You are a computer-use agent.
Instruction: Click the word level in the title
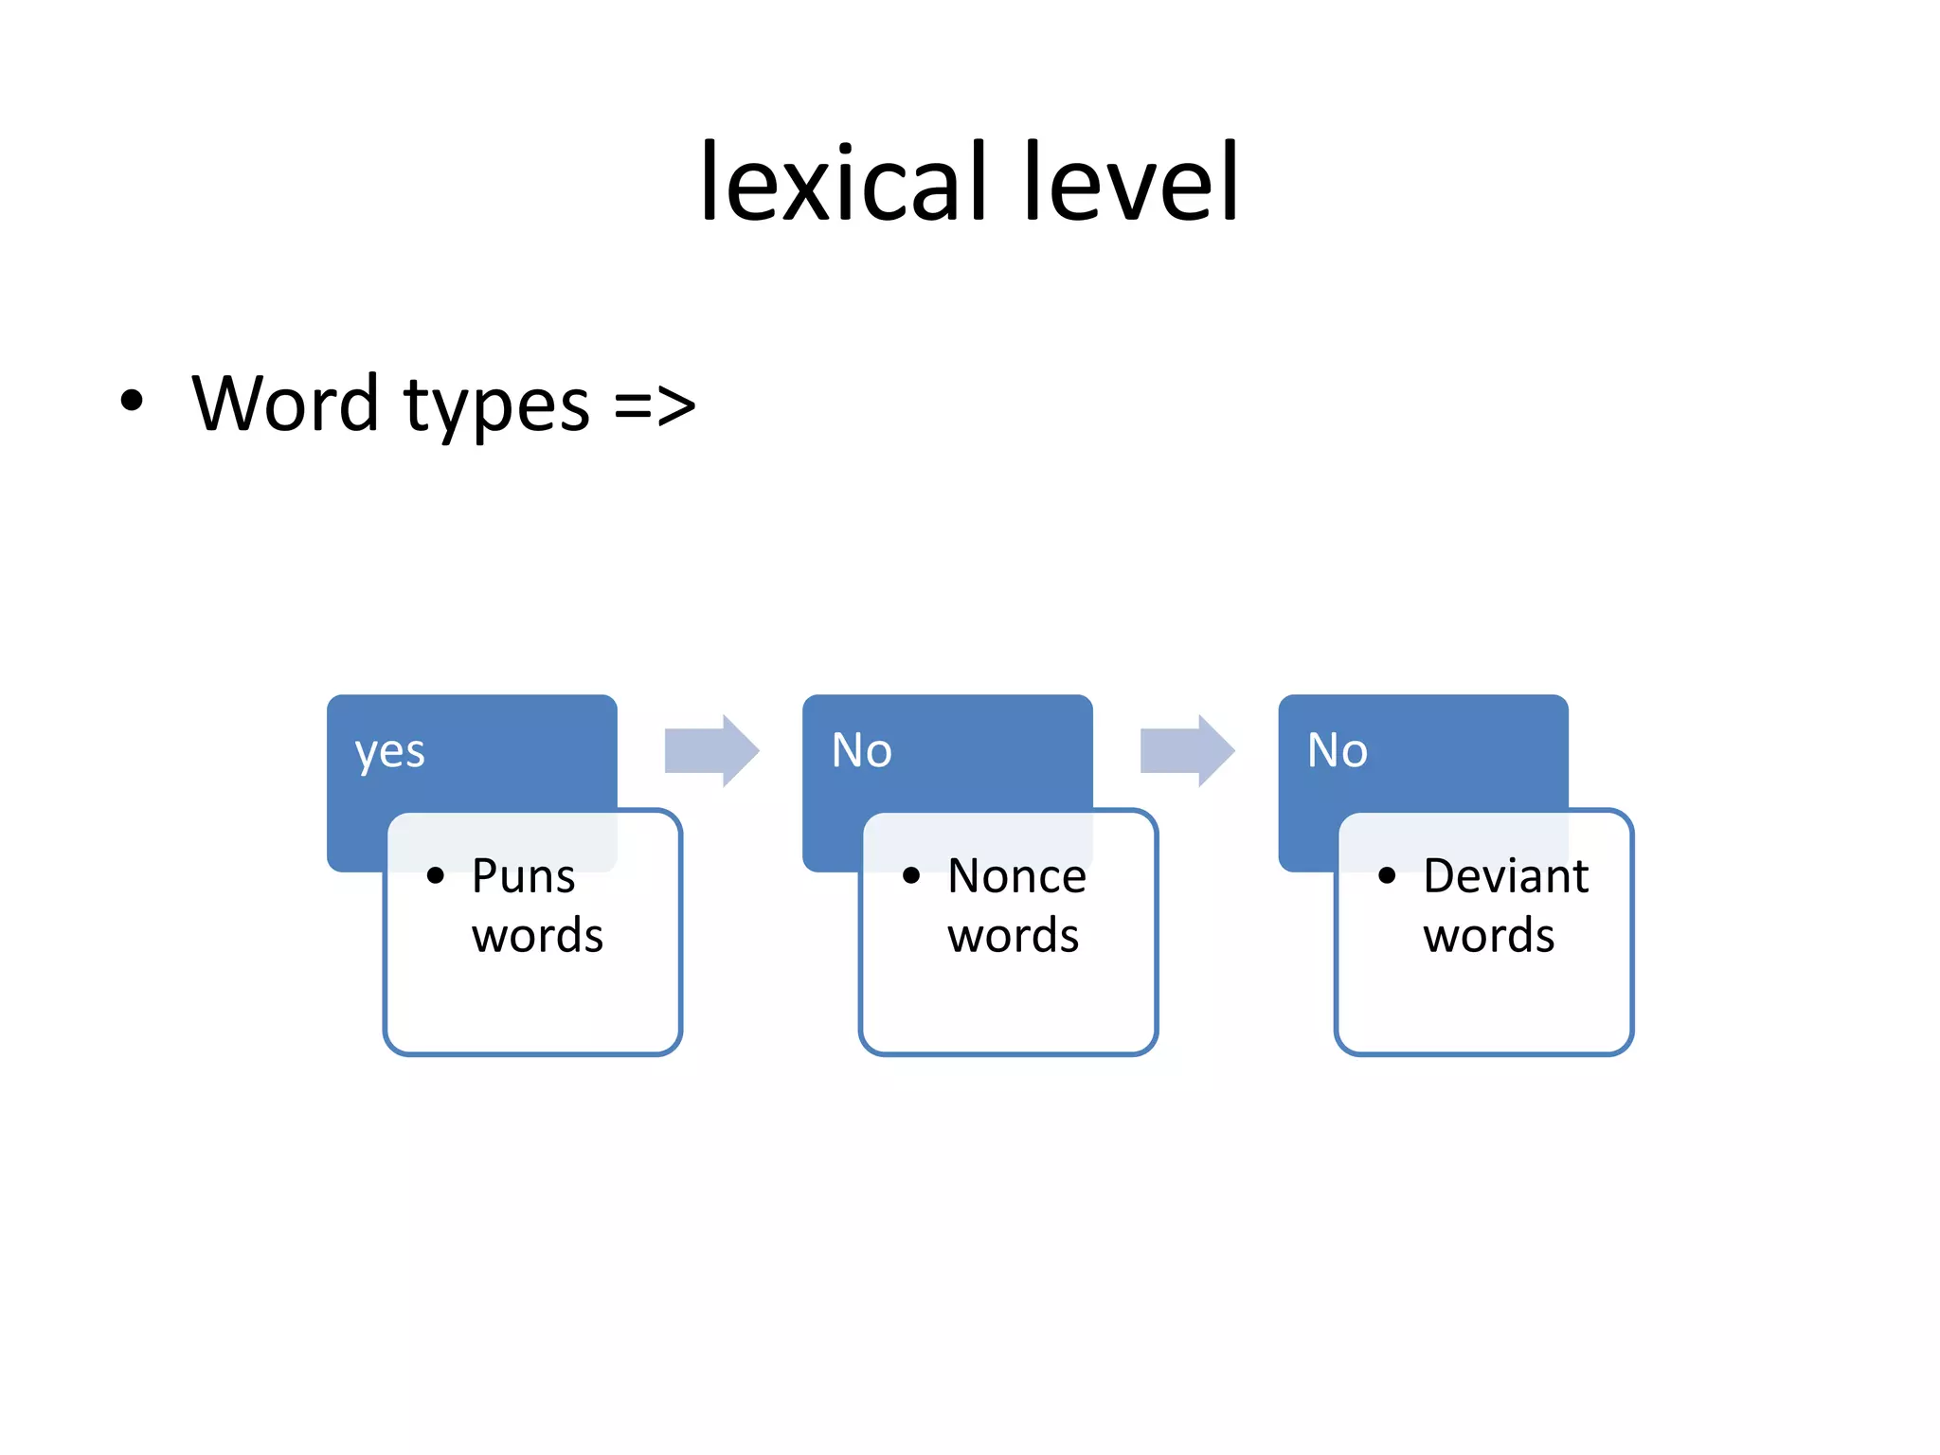[1131, 182]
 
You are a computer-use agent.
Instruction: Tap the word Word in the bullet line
[285, 404]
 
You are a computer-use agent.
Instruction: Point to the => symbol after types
[655, 406]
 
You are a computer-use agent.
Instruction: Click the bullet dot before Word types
[132, 401]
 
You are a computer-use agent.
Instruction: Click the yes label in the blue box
[389, 753]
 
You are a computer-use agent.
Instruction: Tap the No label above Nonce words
[861, 750]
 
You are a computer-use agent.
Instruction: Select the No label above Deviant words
[1337, 750]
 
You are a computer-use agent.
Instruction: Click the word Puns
[523, 876]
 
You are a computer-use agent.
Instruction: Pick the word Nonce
[1016, 876]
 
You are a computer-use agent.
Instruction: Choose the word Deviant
[1505, 876]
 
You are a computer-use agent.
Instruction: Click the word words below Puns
[537, 936]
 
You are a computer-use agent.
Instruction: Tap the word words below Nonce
[1013, 936]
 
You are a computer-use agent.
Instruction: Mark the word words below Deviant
[1488, 936]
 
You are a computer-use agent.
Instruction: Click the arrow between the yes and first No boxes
[711, 750]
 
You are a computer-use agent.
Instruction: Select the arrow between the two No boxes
[1187, 750]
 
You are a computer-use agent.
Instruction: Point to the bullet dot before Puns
[436, 876]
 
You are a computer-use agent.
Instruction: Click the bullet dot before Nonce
[911, 876]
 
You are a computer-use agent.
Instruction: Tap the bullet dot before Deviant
[1387, 876]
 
